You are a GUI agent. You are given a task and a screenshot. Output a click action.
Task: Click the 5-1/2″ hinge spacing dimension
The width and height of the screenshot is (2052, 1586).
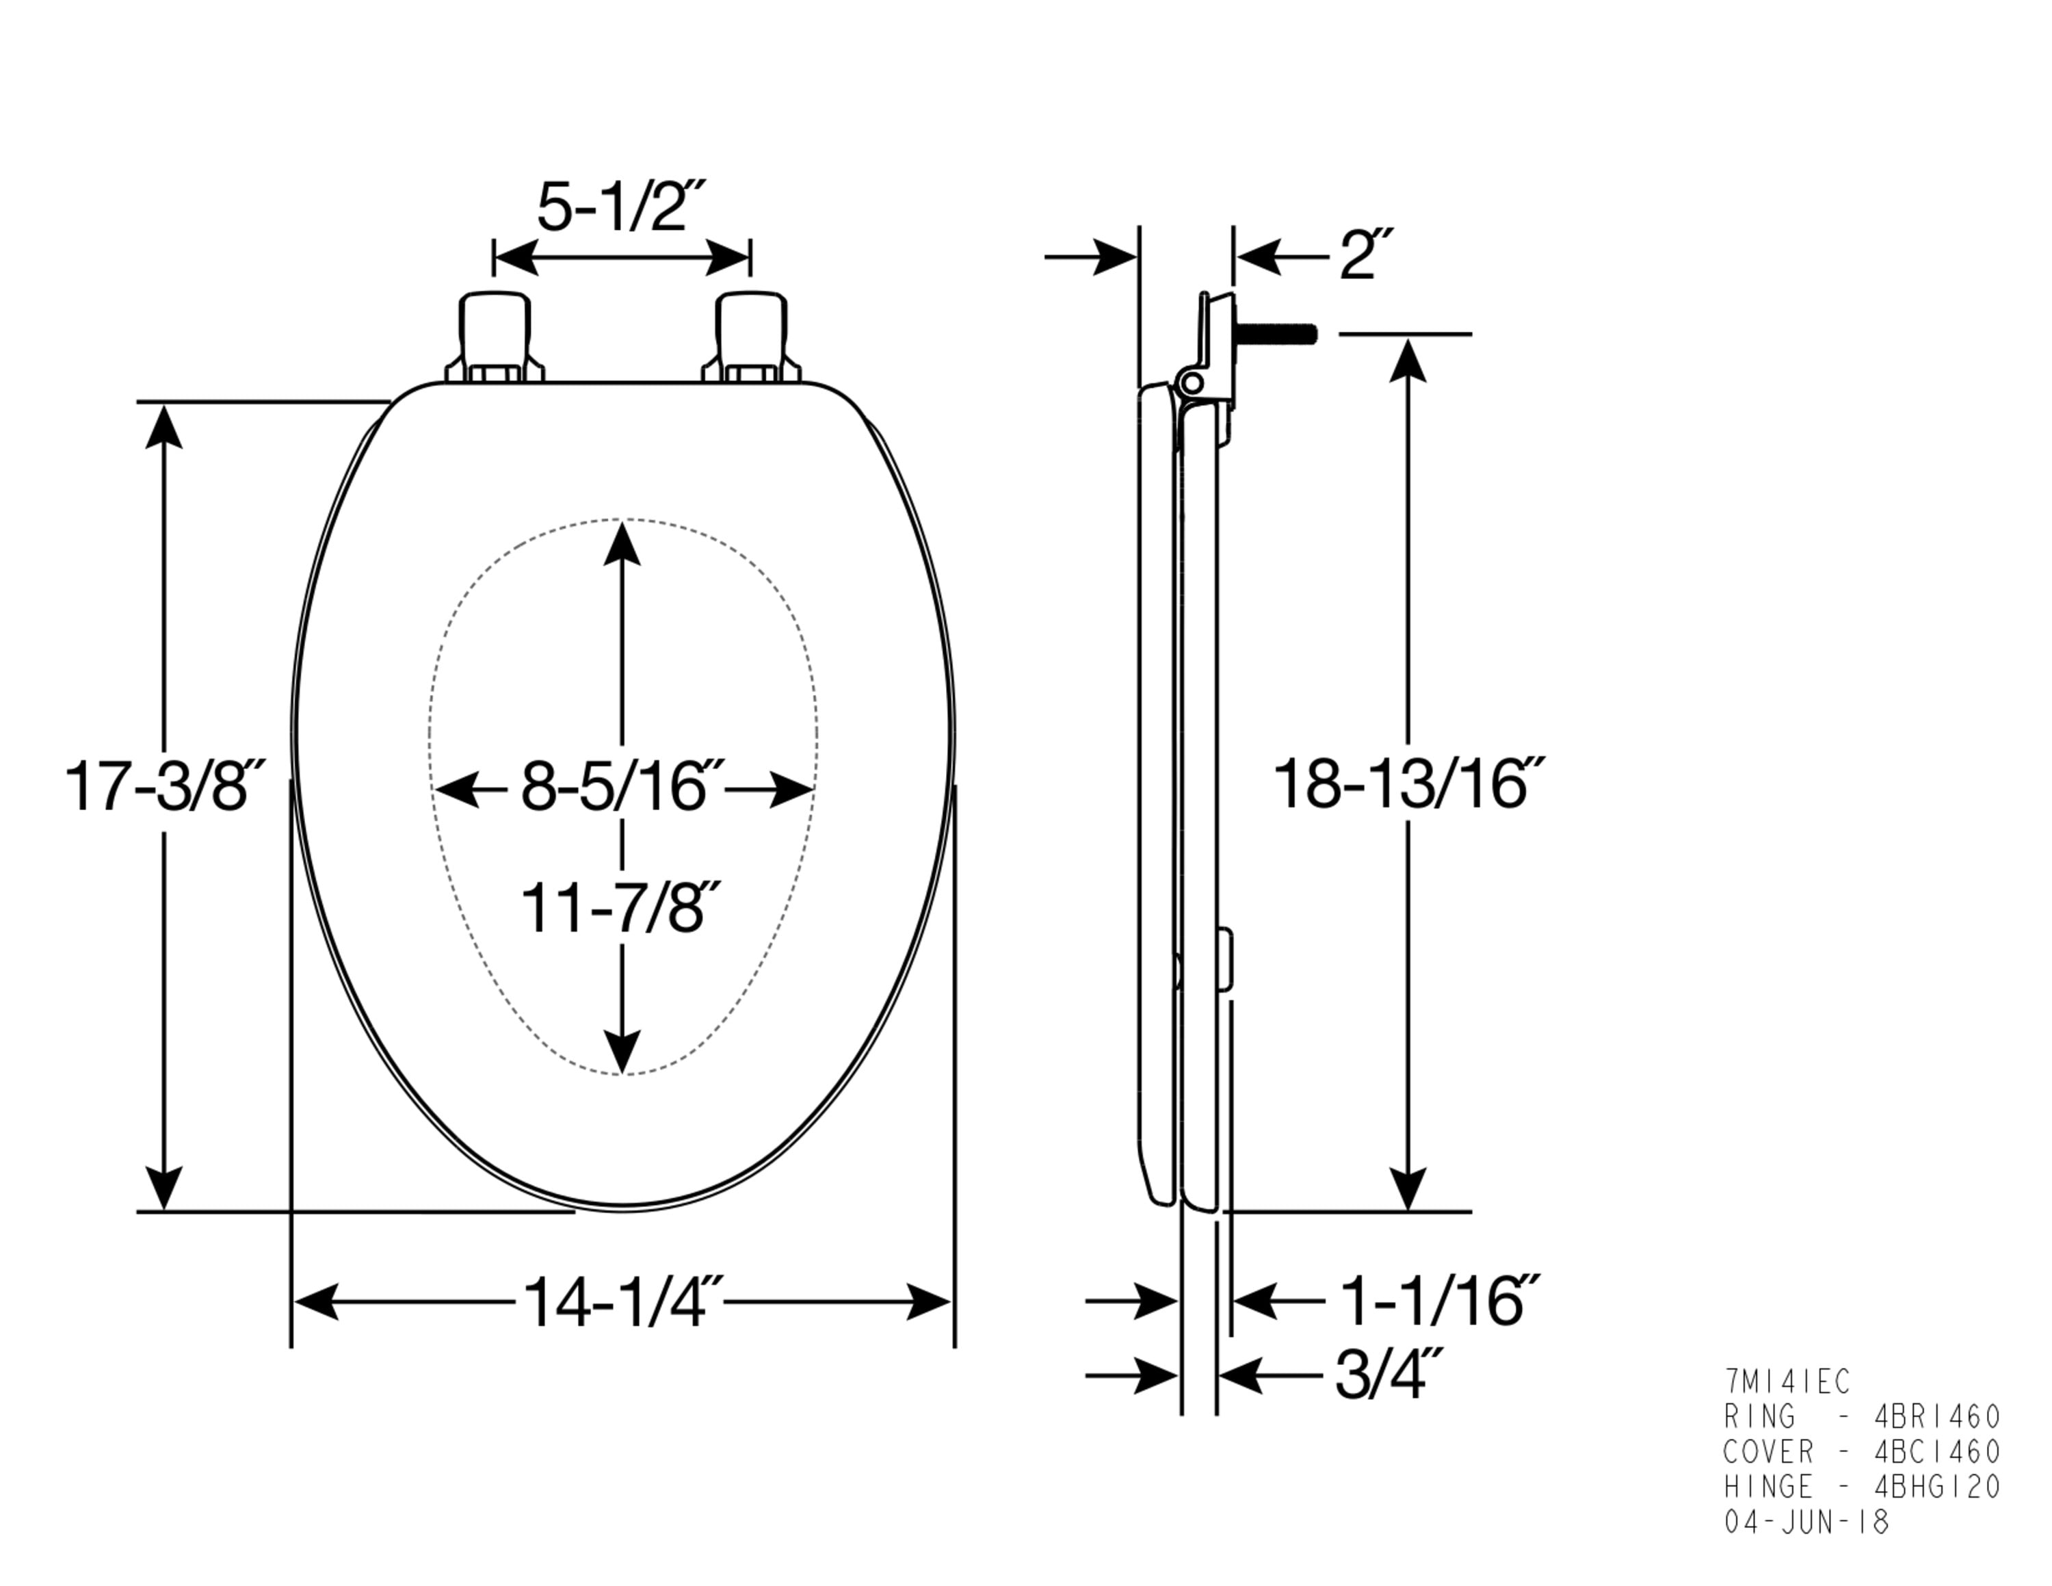[x=621, y=207]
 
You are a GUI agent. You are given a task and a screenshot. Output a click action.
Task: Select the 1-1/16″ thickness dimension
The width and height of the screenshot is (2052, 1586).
[x=1438, y=1301]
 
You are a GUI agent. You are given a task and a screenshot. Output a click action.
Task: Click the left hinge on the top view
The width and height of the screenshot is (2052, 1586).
[x=495, y=337]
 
